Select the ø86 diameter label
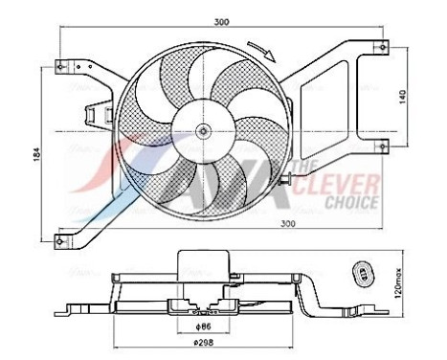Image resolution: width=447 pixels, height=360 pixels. pyautogui.click(x=202, y=325)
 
